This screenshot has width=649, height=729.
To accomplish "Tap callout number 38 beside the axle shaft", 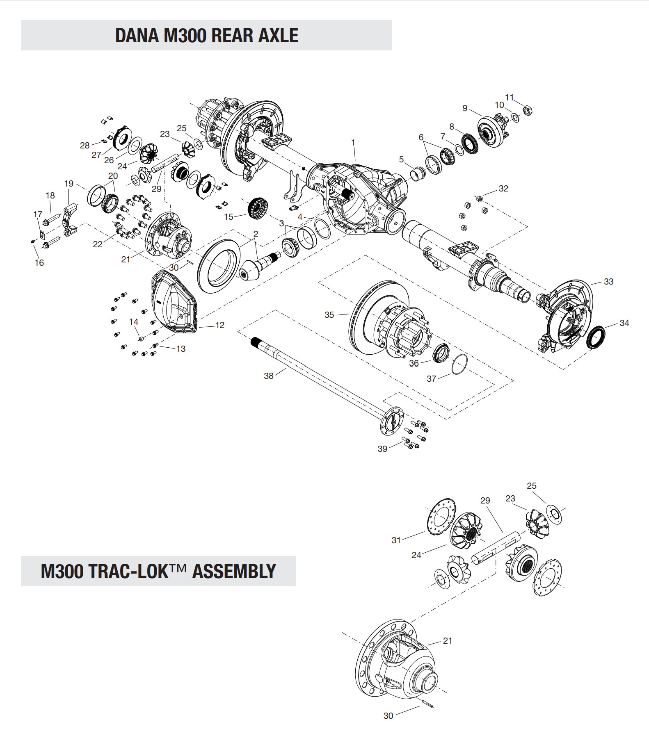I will [x=268, y=376].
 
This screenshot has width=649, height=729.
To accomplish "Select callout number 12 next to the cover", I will [x=220, y=325].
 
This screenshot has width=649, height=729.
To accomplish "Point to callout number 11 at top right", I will [x=510, y=98].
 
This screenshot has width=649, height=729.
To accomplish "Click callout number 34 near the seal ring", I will [x=624, y=323].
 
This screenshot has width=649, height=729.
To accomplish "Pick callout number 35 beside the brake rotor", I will [x=329, y=315].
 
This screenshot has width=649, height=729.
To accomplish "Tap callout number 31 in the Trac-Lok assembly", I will [x=396, y=540].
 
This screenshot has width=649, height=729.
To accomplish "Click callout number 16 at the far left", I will [x=39, y=263].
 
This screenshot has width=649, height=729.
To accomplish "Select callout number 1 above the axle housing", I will [x=353, y=142].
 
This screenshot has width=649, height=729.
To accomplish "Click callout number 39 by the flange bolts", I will [x=382, y=449].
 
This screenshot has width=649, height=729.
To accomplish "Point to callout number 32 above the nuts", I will [x=503, y=189].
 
